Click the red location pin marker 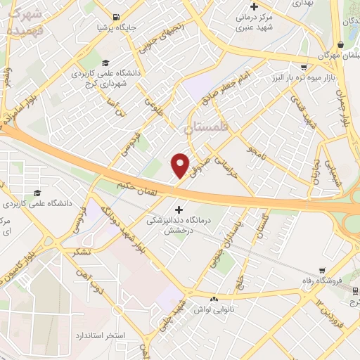181,165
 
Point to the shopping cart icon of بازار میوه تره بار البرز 304,67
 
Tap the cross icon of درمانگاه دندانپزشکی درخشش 179,210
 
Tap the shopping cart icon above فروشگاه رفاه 322,270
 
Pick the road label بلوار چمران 343,105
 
